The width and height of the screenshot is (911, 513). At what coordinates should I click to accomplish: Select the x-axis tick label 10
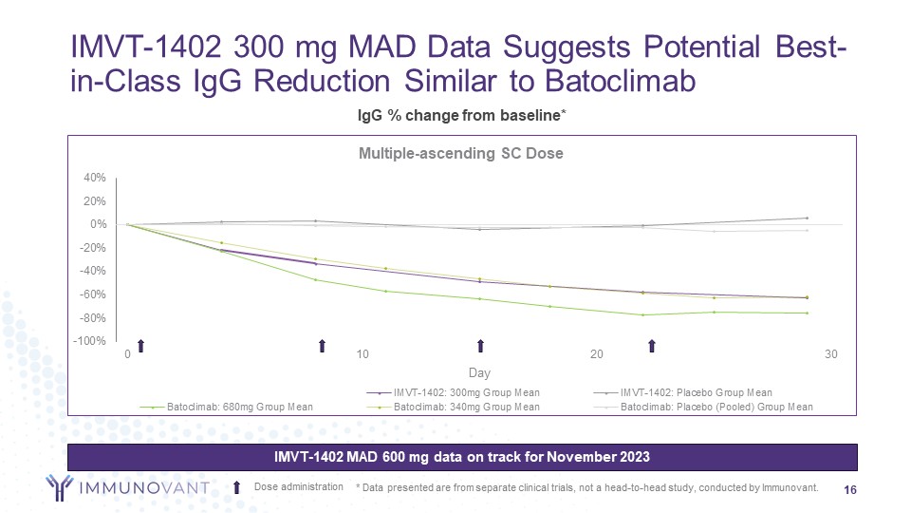point(362,354)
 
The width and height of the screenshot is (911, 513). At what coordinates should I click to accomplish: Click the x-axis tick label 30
point(831,354)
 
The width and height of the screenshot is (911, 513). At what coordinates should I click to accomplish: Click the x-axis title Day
point(479,373)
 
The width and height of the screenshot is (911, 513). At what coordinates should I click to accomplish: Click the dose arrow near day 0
point(139,346)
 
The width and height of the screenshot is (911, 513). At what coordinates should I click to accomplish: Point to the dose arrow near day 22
point(651,346)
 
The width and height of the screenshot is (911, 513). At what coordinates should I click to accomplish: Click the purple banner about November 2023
point(462,457)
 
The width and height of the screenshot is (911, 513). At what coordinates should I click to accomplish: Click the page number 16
point(850,488)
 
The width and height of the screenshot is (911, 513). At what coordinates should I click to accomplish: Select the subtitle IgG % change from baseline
point(461,115)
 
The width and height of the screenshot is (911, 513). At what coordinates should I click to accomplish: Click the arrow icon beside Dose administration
point(237,487)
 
